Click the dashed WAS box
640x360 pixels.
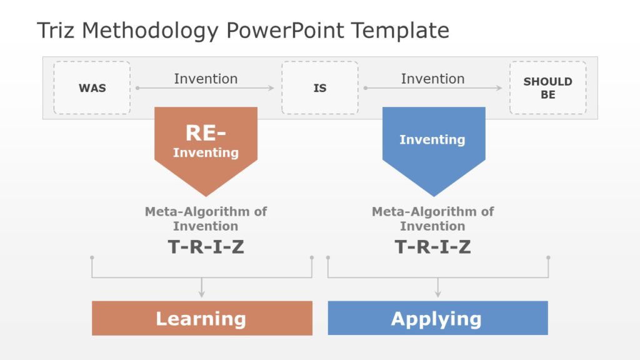pyautogui.click(x=92, y=88)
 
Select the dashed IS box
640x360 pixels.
pyautogui.click(x=319, y=88)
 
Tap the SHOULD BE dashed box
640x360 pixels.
pyautogui.click(x=547, y=88)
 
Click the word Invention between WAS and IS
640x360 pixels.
pyautogui.click(x=206, y=79)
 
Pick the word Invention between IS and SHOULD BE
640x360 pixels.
pyautogui.click(x=432, y=79)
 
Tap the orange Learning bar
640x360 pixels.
pyautogui.click(x=202, y=319)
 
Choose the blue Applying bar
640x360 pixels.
pyautogui.click(x=437, y=319)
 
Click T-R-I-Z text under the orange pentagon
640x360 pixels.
pyautogui.click(x=206, y=247)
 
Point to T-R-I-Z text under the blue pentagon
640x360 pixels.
pyautogui.click(x=432, y=247)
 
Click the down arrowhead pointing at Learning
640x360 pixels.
pyautogui.click(x=202, y=294)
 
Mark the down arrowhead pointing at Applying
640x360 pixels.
pyautogui.click(x=437, y=294)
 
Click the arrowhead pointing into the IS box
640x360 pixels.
pyautogui.click(x=271, y=88)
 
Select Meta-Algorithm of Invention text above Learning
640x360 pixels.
pyautogui.click(x=206, y=219)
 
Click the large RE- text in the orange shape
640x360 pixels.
pyautogui.click(x=206, y=133)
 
